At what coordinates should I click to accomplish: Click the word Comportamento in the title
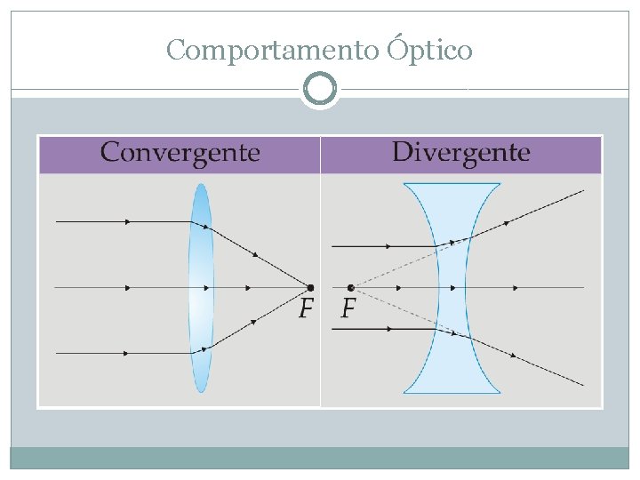[x=272, y=51]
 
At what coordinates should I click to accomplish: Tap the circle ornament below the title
[x=320, y=89]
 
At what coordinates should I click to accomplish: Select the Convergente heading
[x=180, y=153]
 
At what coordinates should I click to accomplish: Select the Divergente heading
[x=460, y=153]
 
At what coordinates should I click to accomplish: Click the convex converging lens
[x=201, y=287]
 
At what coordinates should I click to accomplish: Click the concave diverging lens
[x=452, y=287]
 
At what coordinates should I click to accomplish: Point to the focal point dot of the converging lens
[x=310, y=287]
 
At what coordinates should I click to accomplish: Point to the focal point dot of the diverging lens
[x=351, y=287]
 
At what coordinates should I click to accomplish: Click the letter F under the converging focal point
[x=306, y=309]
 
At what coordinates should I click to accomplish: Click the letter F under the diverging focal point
[x=348, y=309]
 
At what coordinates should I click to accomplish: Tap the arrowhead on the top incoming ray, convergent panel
[x=129, y=221]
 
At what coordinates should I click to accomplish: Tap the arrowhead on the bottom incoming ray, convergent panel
[x=127, y=353]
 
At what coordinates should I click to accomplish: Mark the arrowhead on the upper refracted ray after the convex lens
[x=255, y=254]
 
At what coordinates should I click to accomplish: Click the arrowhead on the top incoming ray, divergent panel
[x=388, y=245]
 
